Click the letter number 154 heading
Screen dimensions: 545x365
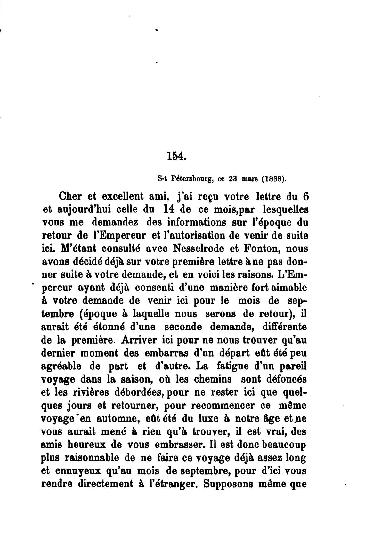tap(176, 156)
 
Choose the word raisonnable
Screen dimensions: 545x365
tap(89, 458)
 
